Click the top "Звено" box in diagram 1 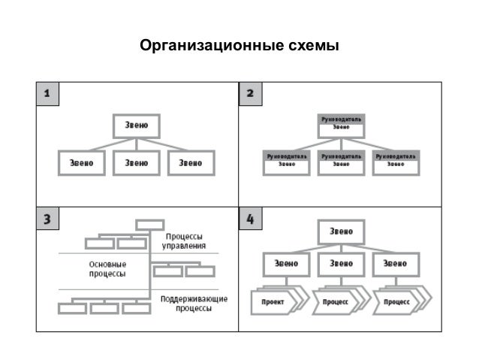[137, 125]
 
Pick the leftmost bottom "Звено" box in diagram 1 [81, 163]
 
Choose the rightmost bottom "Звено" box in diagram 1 [191, 163]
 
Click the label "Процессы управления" [185, 240]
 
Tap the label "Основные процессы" [107, 269]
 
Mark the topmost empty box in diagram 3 [149, 224]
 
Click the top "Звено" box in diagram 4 [341, 231]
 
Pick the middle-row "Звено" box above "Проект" [286, 264]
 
